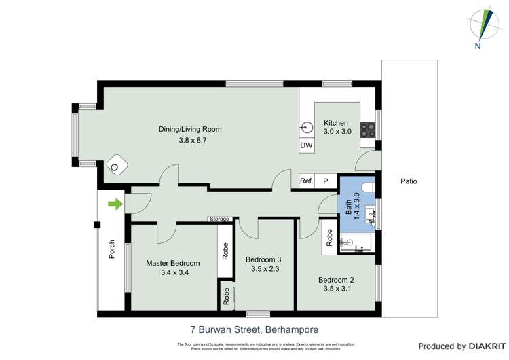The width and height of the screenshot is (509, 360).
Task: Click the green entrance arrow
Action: [115, 202]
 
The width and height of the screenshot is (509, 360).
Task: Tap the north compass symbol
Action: [484, 26]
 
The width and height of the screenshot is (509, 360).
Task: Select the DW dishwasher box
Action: [305, 146]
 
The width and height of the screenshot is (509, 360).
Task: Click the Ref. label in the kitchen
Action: [307, 181]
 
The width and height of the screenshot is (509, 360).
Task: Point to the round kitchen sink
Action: [307, 126]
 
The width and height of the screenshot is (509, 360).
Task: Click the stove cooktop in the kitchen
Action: [367, 128]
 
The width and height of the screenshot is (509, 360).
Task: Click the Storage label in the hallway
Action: [219, 219]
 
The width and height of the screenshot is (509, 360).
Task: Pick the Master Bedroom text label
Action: [173, 263]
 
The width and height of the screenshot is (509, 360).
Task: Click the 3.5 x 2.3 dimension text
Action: [263, 269]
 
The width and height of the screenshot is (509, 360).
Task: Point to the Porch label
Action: [112, 251]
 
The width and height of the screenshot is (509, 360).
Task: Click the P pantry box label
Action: [326, 181]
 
